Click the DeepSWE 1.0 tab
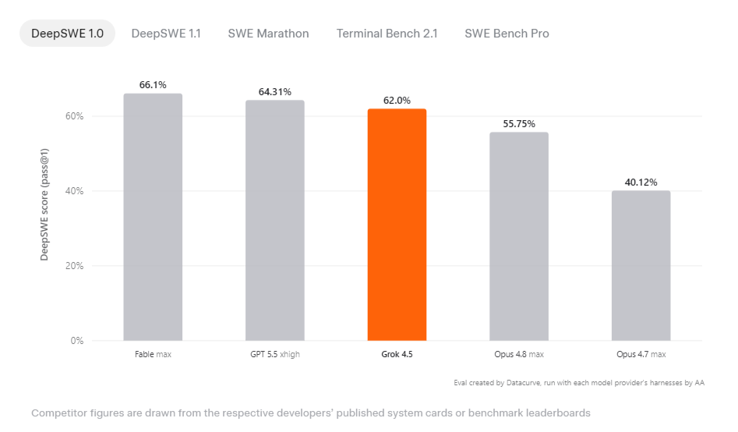[x=67, y=34]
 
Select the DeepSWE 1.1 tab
[x=166, y=34]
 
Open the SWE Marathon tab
[x=268, y=34]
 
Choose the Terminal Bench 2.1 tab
[x=387, y=34]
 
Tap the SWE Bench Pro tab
[x=507, y=34]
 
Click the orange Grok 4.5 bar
[x=397, y=225]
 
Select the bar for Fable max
[x=153, y=218]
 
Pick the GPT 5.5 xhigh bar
[x=275, y=221]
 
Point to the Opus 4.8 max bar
[x=519, y=236]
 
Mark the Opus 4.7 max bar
[x=641, y=266]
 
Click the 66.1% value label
[x=153, y=85]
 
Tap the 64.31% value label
[x=275, y=92]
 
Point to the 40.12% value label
[x=641, y=182]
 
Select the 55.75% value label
[x=519, y=124]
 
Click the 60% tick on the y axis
[x=74, y=116]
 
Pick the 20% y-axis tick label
[x=74, y=266]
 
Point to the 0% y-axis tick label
[x=77, y=341]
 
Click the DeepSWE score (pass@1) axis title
[x=44, y=204]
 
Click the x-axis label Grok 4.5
[x=397, y=354]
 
